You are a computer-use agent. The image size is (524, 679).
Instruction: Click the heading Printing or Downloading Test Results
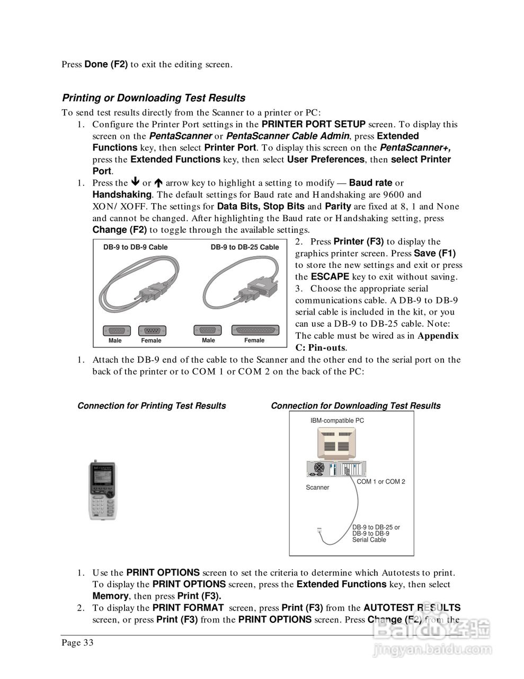pyautogui.click(x=154, y=98)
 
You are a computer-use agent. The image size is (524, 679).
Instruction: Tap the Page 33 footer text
pyautogui.click(x=77, y=643)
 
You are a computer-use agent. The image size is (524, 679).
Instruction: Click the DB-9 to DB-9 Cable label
pyautogui.click(x=135, y=247)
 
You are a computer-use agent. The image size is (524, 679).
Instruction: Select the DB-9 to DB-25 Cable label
pyautogui.click(x=244, y=247)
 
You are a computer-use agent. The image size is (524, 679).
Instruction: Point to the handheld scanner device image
pyautogui.click(x=102, y=491)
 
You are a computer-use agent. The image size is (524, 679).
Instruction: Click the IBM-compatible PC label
pyautogui.click(x=337, y=421)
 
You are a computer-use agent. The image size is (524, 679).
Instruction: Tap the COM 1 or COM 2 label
pyautogui.click(x=380, y=482)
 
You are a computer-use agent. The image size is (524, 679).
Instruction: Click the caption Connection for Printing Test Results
pyautogui.click(x=152, y=406)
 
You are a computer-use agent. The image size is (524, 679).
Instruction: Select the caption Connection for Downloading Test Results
pyautogui.click(x=356, y=406)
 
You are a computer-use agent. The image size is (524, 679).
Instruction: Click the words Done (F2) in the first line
pyautogui.click(x=106, y=65)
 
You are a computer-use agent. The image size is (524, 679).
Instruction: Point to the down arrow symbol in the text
pyautogui.click(x=135, y=182)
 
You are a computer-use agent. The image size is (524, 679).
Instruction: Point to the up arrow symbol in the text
pyautogui.click(x=158, y=182)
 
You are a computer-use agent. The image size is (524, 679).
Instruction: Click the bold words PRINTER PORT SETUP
pyautogui.click(x=314, y=125)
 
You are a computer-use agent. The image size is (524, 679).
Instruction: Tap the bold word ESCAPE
pyautogui.click(x=330, y=277)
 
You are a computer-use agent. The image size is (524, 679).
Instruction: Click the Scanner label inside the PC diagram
pyautogui.click(x=317, y=488)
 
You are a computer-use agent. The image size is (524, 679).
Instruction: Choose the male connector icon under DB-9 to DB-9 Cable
pyautogui.click(x=115, y=330)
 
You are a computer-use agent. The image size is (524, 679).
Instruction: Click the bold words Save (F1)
pyautogui.click(x=434, y=254)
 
